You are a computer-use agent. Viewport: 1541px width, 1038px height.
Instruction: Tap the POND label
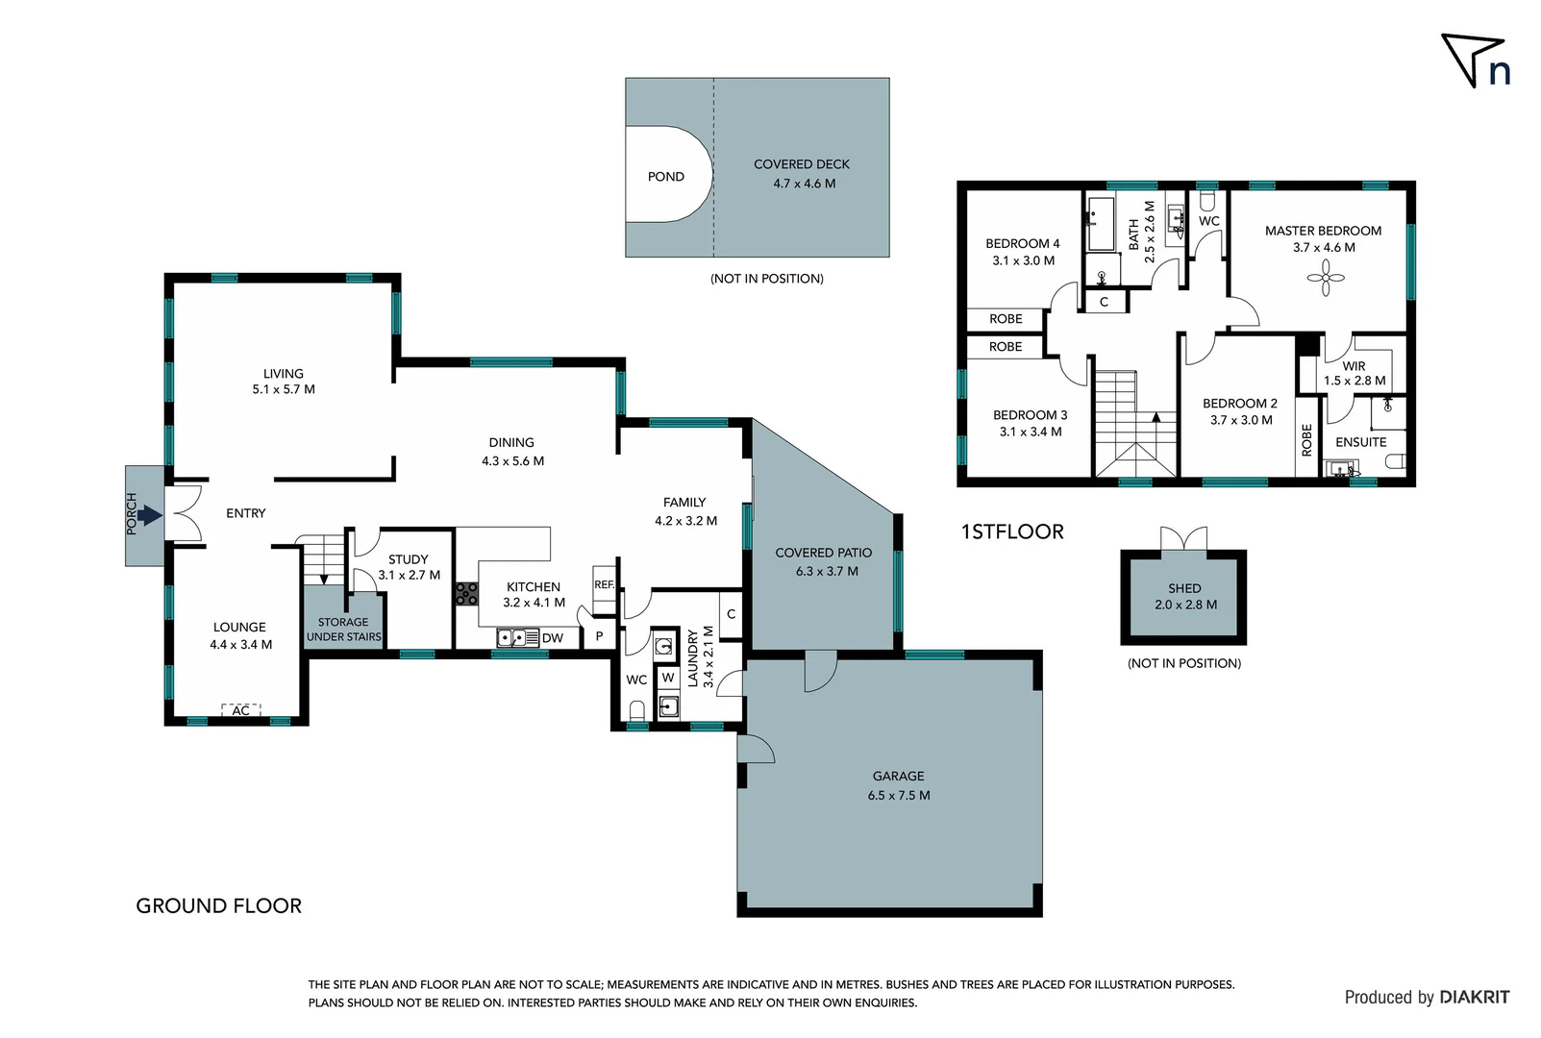(x=665, y=177)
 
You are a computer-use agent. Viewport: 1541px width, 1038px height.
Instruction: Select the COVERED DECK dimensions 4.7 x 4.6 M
(x=804, y=184)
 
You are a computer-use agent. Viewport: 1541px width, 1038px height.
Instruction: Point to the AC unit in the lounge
(x=241, y=710)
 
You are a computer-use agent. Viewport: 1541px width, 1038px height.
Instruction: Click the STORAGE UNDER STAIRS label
(x=343, y=630)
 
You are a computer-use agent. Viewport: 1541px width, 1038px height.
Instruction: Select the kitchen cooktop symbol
(x=466, y=593)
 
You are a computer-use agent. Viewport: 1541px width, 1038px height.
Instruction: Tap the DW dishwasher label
(x=553, y=638)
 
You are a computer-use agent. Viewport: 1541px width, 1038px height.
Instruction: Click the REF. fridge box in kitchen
(x=604, y=584)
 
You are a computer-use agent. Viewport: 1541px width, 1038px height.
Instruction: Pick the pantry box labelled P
(x=599, y=636)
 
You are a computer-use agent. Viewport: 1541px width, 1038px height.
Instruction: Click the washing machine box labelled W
(x=668, y=678)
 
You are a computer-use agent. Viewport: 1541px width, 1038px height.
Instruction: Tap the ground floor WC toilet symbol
(x=636, y=710)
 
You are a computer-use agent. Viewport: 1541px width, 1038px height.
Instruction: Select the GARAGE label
(x=898, y=776)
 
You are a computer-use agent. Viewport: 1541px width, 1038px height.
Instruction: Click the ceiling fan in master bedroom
(x=1325, y=279)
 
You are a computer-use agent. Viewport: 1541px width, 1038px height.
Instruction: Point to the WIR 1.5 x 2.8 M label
(x=1354, y=373)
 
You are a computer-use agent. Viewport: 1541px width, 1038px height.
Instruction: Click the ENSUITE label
(x=1360, y=442)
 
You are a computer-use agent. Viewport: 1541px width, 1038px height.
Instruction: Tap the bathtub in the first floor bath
(x=1100, y=224)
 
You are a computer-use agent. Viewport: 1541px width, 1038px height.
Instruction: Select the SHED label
(x=1184, y=588)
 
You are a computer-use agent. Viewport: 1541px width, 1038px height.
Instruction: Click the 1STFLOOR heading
(x=1012, y=531)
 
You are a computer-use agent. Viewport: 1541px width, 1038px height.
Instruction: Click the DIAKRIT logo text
(x=1474, y=998)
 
